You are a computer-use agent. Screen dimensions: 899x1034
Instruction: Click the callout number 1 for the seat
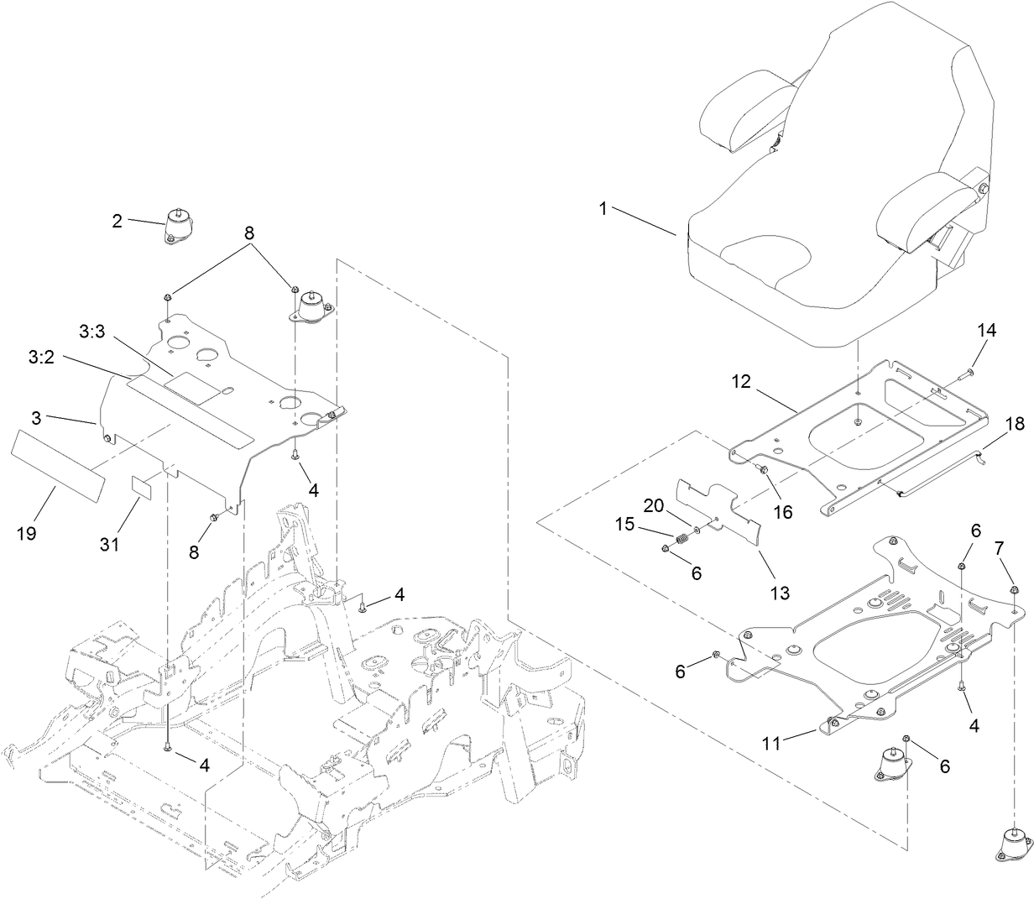coord(603,209)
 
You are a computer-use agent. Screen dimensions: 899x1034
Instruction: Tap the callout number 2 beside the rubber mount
coord(117,221)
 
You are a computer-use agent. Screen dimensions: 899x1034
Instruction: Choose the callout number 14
coord(985,331)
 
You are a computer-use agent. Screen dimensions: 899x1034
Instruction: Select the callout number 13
coord(780,593)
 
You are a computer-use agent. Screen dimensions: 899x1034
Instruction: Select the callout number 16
coord(782,510)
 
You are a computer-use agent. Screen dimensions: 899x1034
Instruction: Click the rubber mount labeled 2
coord(178,227)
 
